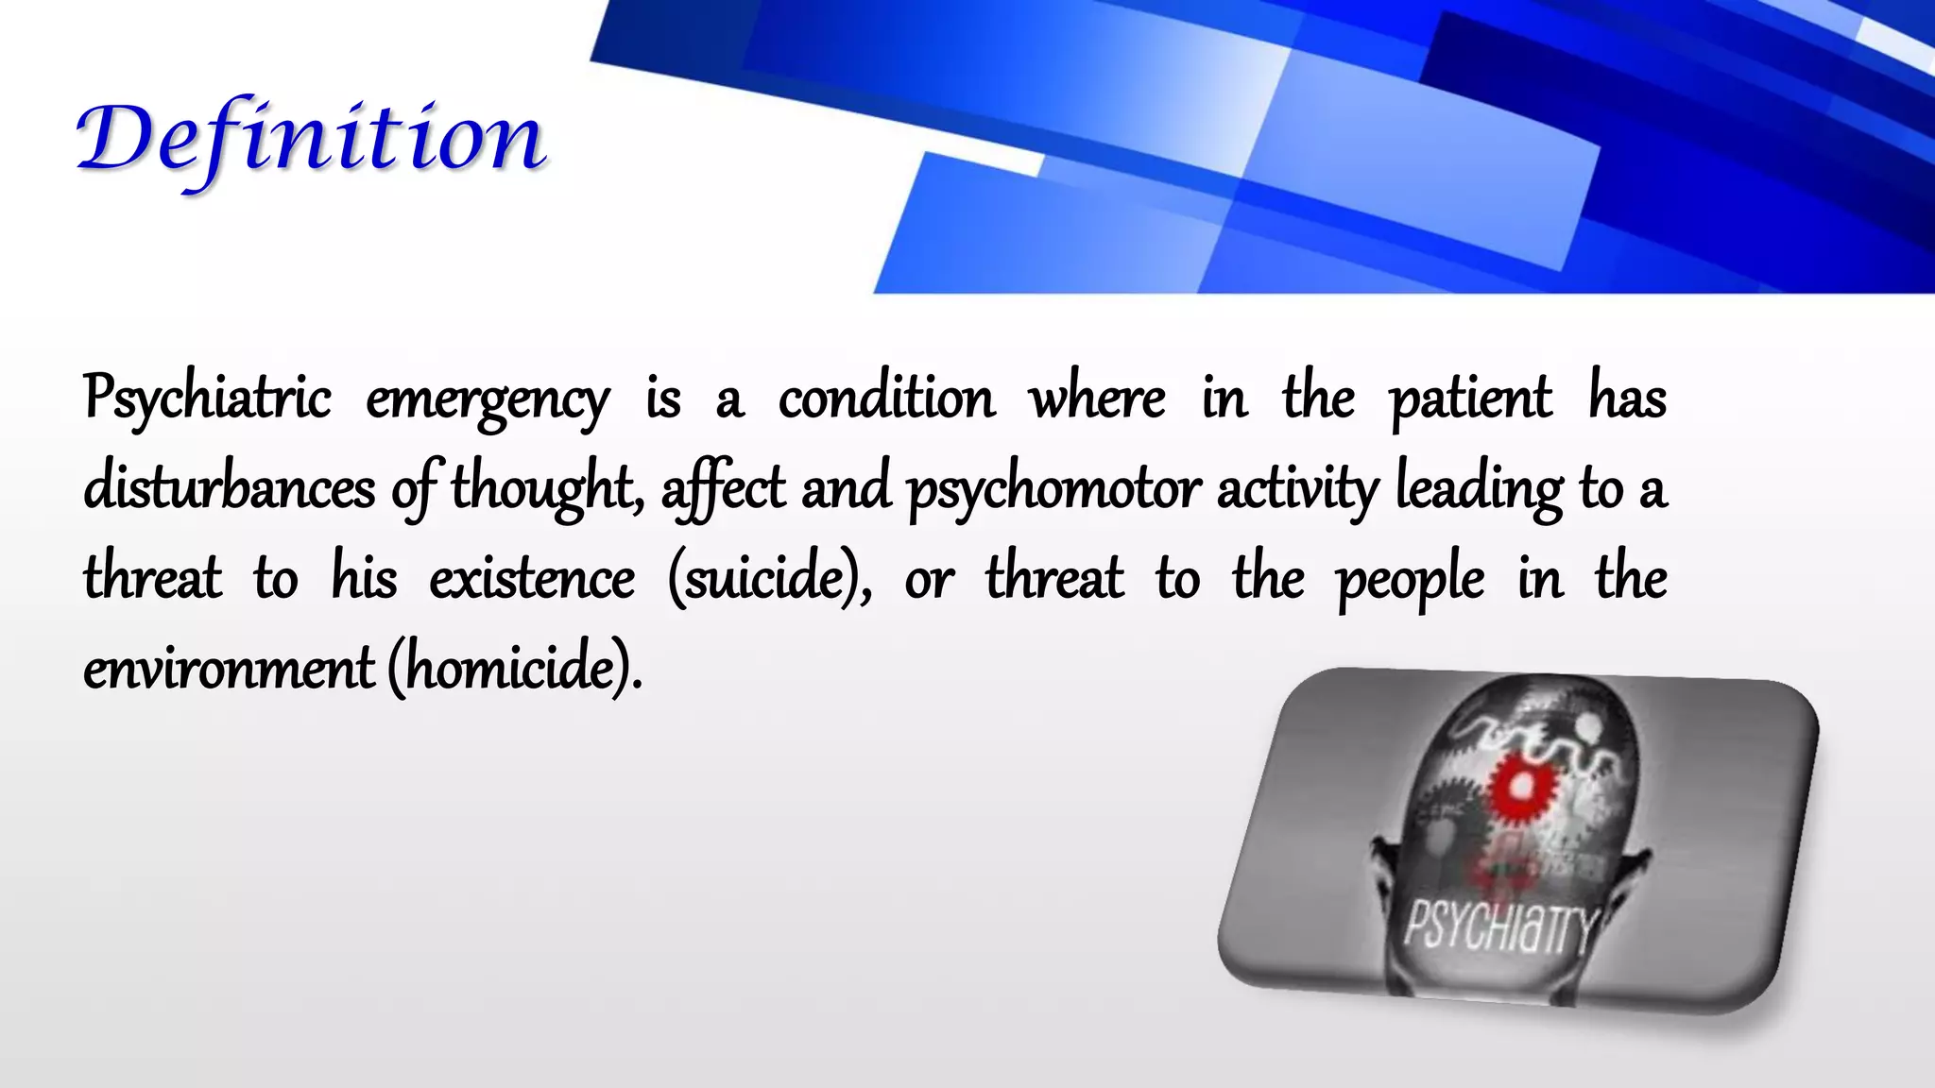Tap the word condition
(x=886, y=398)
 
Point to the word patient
(x=1470, y=399)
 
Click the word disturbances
(x=229, y=488)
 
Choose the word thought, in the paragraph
(x=546, y=489)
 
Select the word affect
(x=723, y=489)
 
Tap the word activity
(x=1297, y=489)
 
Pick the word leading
(x=1479, y=489)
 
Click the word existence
(x=532, y=578)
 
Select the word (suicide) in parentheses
(x=769, y=578)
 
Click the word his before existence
(x=364, y=578)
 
